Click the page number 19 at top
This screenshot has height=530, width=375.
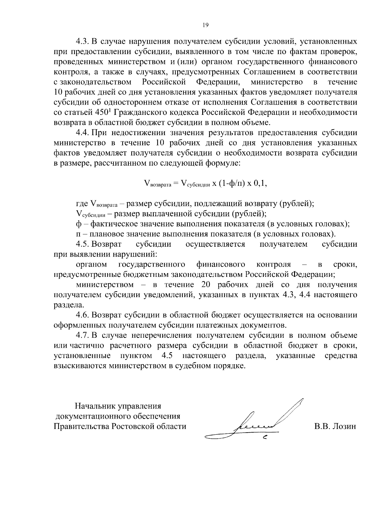pyautogui.click(x=205, y=25)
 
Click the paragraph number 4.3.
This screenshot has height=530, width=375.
pyautogui.click(x=83, y=42)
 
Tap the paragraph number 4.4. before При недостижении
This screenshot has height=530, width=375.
pyautogui.click(x=83, y=133)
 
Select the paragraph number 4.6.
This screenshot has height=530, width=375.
pyautogui.click(x=83, y=315)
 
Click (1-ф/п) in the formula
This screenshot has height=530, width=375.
pyautogui.click(x=232, y=183)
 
